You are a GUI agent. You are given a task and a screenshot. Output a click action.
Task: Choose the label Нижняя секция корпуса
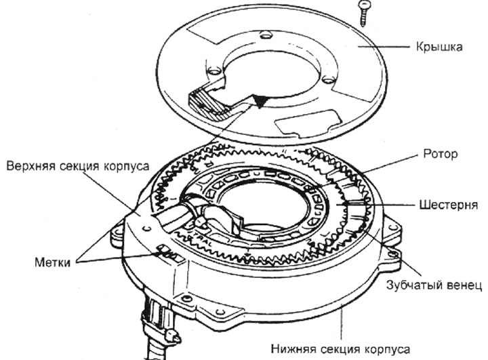pos(340,349)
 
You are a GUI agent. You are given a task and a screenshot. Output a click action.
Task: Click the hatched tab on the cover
pos(207,102)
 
